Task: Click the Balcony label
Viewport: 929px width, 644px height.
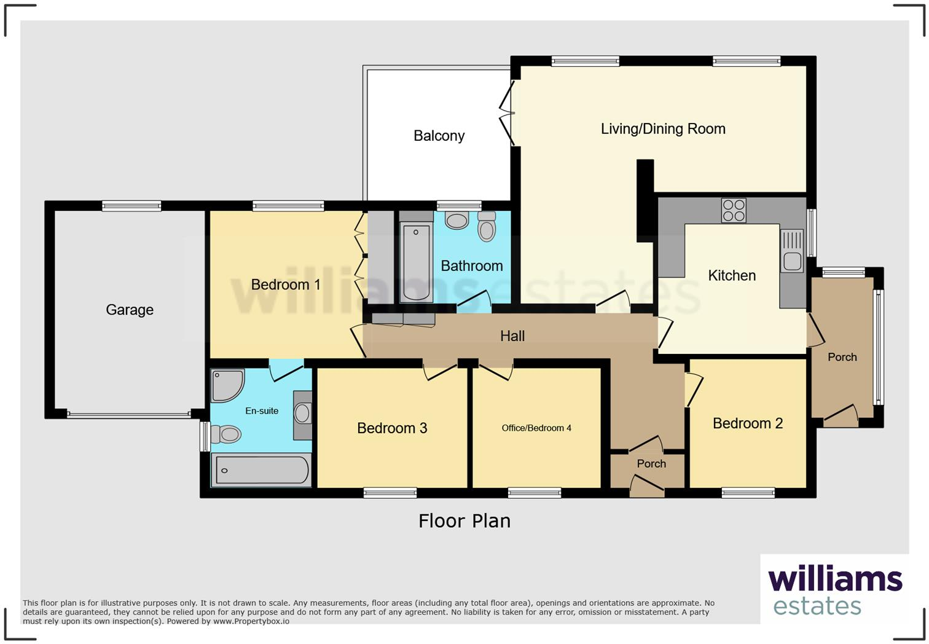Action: [x=439, y=136]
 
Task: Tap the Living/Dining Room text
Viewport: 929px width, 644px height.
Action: [x=663, y=129]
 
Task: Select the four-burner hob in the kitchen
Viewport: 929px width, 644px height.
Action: [x=734, y=210]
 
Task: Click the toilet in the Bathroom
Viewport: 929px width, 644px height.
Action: [x=487, y=227]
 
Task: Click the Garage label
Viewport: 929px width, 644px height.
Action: [x=130, y=310]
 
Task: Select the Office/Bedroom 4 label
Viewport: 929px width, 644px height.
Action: [x=536, y=428]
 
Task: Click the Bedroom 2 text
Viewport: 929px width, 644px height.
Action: [x=748, y=423]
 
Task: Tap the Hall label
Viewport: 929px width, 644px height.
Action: [x=512, y=336]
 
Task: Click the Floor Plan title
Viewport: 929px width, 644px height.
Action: [x=464, y=521]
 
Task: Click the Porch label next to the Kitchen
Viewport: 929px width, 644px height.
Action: [x=842, y=357]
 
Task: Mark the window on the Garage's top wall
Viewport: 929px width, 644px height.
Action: [x=131, y=206]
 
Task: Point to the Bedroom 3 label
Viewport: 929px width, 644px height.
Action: [x=392, y=428]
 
